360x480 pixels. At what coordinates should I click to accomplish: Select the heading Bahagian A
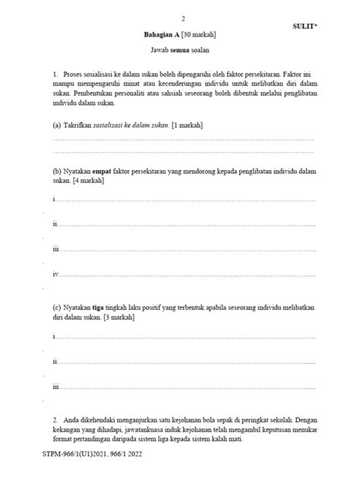162,35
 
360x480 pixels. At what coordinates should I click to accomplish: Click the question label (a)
57,124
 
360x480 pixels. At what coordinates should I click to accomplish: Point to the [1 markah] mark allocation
187,124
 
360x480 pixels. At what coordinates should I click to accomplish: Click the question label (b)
57,172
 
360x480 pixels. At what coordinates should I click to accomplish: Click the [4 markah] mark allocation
89,182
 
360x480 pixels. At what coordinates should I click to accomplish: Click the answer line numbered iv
182,274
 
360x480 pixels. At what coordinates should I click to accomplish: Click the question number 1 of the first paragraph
55,73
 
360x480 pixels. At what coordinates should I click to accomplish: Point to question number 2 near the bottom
55,419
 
